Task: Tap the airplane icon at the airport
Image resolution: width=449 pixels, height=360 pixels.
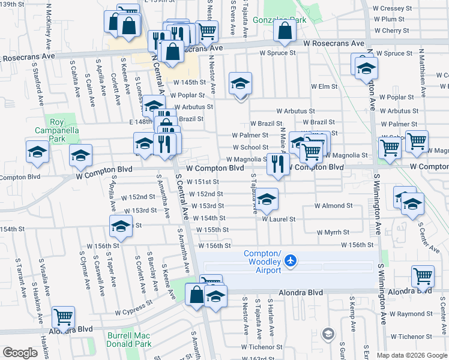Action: pos(291,260)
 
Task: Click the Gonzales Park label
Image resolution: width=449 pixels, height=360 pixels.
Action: pos(285,20)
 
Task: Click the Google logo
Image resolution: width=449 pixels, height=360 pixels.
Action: pos(20,353)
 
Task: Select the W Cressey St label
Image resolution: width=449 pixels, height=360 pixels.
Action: pos(392,8)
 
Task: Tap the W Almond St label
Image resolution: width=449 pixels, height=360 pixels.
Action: pos(333,206)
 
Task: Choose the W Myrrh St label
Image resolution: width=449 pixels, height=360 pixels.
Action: pos(333,232)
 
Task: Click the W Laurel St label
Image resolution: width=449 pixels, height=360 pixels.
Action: pos(279,219)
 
